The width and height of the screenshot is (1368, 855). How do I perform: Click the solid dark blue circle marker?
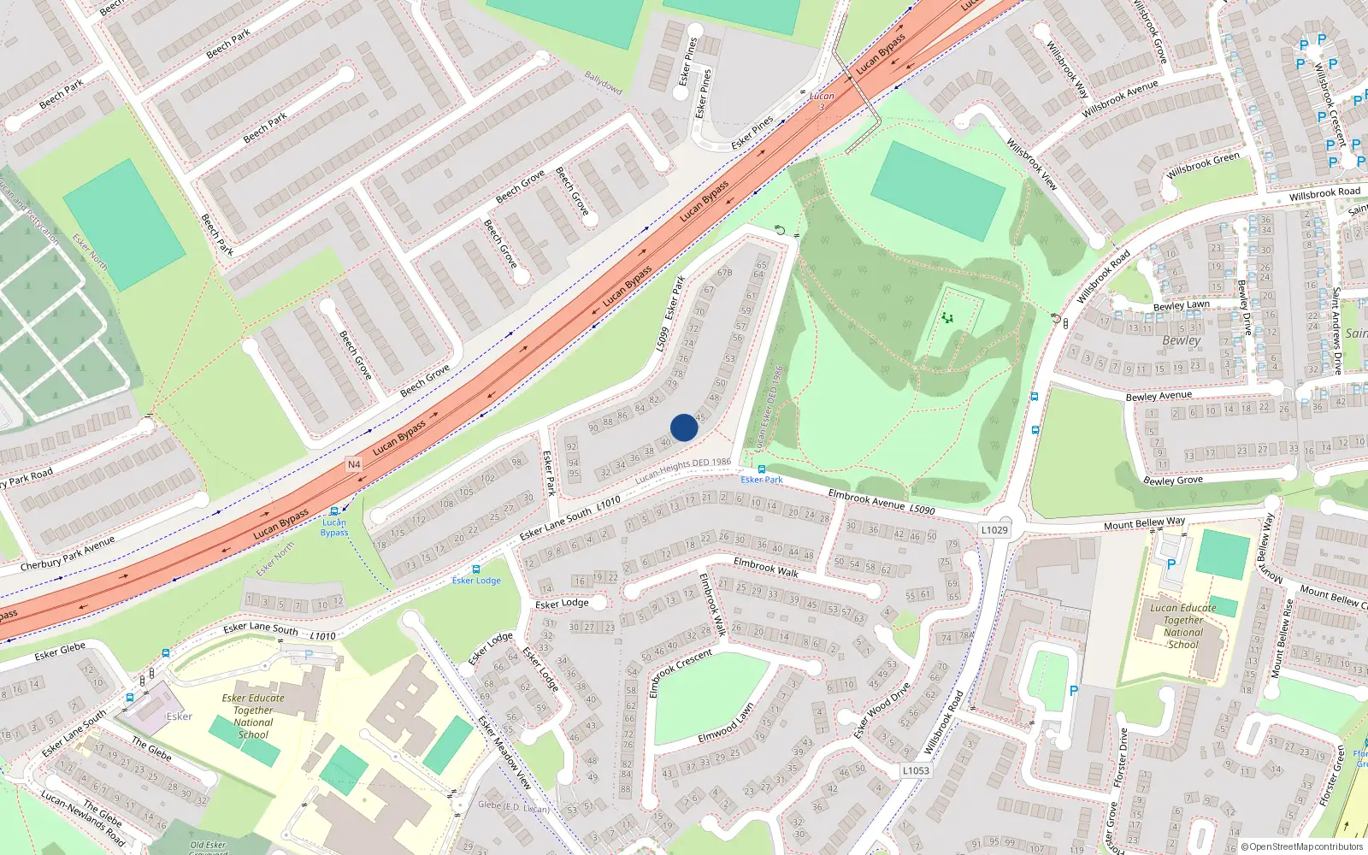pos(684,427)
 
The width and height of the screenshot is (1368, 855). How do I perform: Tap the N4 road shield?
pos(354,464)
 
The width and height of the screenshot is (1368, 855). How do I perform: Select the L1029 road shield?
pos(994,530)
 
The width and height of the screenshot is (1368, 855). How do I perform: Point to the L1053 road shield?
pos(916,770)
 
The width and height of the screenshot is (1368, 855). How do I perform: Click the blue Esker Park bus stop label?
pos(762,480)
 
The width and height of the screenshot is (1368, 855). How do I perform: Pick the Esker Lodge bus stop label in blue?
pos(476,581)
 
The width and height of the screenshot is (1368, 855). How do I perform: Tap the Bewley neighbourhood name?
pos(1182,340)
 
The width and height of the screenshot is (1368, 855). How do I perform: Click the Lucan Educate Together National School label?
pos(1183,626)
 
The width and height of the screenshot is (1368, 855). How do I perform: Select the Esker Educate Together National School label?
pos(253,716)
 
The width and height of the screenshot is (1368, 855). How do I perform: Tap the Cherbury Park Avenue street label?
pos(68,554)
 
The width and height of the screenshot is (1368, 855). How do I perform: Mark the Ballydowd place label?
pos(603,83)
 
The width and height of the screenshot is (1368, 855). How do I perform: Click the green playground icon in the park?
pos(947,318)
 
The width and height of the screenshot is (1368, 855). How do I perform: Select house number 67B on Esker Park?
pos(724,273)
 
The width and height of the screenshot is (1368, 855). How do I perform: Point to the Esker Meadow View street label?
pos(504,753)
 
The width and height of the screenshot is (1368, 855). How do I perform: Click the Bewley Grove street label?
pos(1173,480)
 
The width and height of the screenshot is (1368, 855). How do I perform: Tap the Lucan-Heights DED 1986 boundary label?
pos(682,469)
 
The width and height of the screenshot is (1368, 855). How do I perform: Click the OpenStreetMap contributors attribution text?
pos(1302,846)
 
